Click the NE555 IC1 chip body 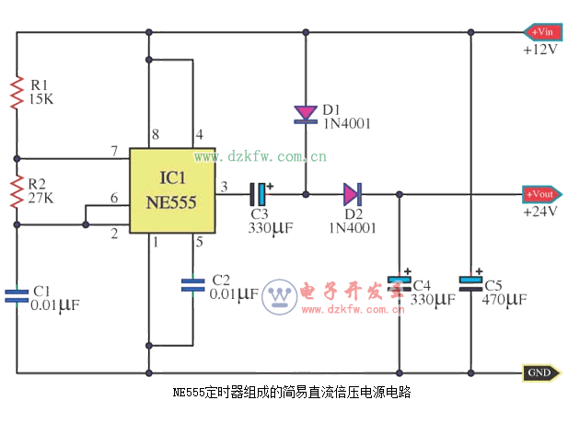coord(171,191)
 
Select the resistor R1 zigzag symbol coord(17,93)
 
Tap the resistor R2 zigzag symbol coord(17,193)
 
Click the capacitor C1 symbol coord(17,295)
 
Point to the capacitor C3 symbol coord(261,194)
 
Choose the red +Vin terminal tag coord(540,32)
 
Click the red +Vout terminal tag coord(540,194)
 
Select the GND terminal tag coord(539,372)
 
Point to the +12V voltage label coord(539,50)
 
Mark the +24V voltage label coord(539,211)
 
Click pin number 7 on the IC coord(113,150)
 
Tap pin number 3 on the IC coord(224,188)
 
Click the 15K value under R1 coord(41,98)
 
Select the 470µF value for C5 coord(505,300)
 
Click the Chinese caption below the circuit coord(291,392)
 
